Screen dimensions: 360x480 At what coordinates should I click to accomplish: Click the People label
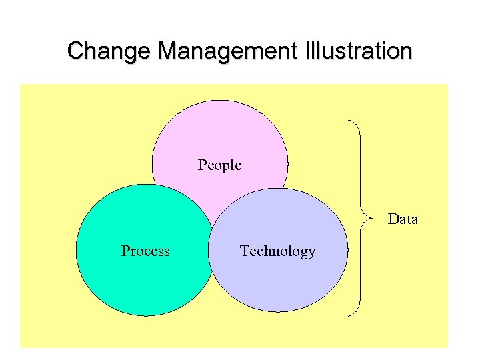(x=219, y=165)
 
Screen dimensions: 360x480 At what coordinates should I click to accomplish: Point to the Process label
(x=145, y=251)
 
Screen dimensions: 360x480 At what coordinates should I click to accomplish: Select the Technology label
(x=277, y=251)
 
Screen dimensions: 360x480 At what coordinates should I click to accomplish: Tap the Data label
(x=403, y=219)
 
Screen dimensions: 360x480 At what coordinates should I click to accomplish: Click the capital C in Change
(x=75, y=51)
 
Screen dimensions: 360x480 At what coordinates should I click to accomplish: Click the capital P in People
(x=202, y=165)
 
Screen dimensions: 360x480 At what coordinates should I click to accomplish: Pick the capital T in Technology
(x=245, y=251)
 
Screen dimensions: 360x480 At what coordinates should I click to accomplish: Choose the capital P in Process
(x=125, y=251)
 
